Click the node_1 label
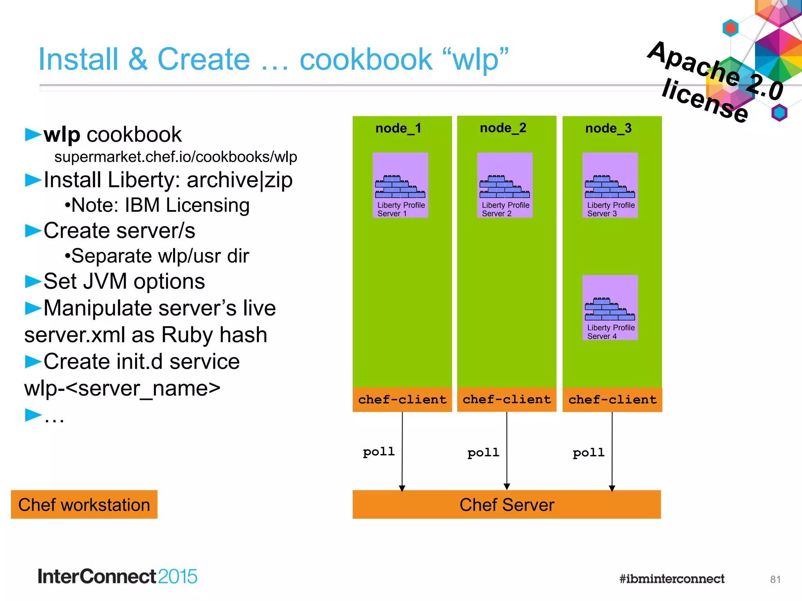point(398,128)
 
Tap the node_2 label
point(503,128)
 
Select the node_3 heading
point(608,128)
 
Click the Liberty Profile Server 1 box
point(400,185)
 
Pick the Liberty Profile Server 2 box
point(504,185)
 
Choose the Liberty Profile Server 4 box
point(610,308)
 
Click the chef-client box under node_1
point(402,399)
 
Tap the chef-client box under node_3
point(612,399)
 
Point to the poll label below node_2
point(483,453)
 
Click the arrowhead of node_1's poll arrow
point(402,488)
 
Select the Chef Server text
point(507,505)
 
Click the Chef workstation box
point(84,505)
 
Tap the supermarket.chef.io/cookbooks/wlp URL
point(175,157)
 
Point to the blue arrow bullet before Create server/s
point(33,231)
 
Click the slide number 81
point(775,579)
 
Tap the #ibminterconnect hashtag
point(672,579)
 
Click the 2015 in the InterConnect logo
point(177,577)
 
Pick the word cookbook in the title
point(366,59)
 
